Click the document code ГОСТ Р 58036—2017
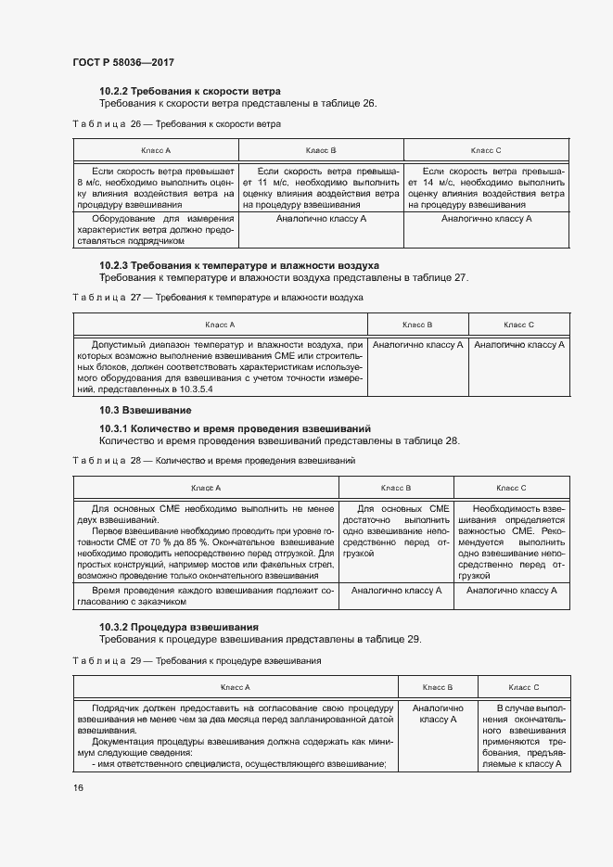122,62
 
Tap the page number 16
78,787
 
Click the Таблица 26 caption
176,123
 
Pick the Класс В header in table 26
320,149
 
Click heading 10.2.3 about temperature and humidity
239,264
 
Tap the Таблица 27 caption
217,297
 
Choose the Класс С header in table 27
518,325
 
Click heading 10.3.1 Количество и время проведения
235,428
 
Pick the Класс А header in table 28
206,488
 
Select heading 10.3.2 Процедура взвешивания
178,627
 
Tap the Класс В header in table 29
437,687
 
